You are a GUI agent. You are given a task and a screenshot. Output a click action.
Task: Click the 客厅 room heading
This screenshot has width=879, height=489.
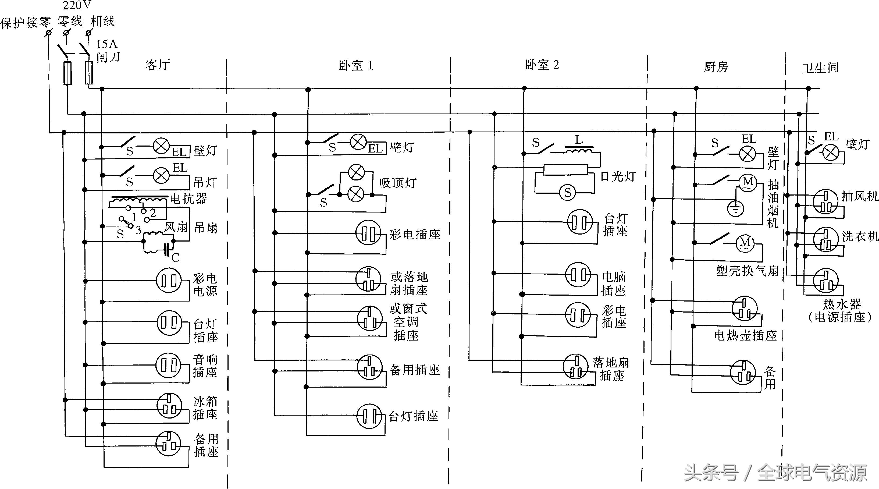158,65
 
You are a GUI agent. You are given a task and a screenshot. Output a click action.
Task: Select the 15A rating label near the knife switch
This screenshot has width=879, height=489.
106,44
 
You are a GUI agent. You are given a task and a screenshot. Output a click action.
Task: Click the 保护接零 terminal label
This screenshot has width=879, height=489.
26,23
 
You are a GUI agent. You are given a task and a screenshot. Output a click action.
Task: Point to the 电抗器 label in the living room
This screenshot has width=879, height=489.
188,199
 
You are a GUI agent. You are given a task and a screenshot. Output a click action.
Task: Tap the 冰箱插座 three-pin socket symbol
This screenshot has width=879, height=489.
169,406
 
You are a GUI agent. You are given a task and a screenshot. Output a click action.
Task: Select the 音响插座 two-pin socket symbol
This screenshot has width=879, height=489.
168,365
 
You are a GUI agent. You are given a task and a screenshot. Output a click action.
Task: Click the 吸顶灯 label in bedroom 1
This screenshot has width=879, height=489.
397,183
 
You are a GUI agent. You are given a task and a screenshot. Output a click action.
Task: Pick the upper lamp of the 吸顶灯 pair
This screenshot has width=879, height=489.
356,172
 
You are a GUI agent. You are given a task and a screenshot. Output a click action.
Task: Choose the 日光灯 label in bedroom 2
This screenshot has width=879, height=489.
618,176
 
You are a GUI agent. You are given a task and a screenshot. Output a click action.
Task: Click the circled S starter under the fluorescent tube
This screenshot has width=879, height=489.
567,193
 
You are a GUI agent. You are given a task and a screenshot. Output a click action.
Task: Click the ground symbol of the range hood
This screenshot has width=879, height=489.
735,209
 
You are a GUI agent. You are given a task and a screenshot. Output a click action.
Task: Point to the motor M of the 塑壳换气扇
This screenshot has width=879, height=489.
745,243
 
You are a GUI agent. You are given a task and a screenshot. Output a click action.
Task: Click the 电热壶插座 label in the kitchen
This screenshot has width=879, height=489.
745,336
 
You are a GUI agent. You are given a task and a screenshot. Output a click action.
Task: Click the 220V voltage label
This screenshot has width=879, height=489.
77,5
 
